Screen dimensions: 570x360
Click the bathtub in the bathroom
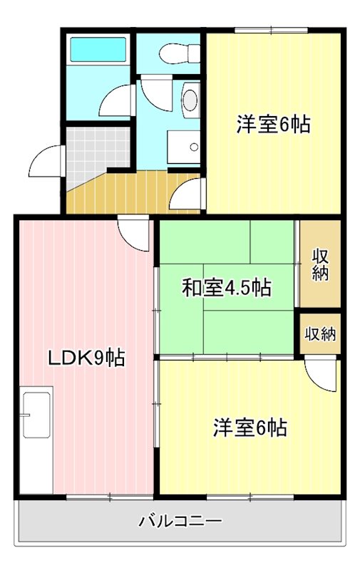point(97,50)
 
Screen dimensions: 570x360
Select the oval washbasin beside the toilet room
point(190,99)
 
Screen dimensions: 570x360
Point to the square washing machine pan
point(185,147)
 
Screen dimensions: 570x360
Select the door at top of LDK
point(135,232)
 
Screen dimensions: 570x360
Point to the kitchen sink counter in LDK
point(36,414)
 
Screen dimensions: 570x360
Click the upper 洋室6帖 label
point(273,124)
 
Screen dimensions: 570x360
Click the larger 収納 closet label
point(320,264)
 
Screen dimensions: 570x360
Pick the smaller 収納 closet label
point(320,333)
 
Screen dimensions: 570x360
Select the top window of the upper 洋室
point(271,30)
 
